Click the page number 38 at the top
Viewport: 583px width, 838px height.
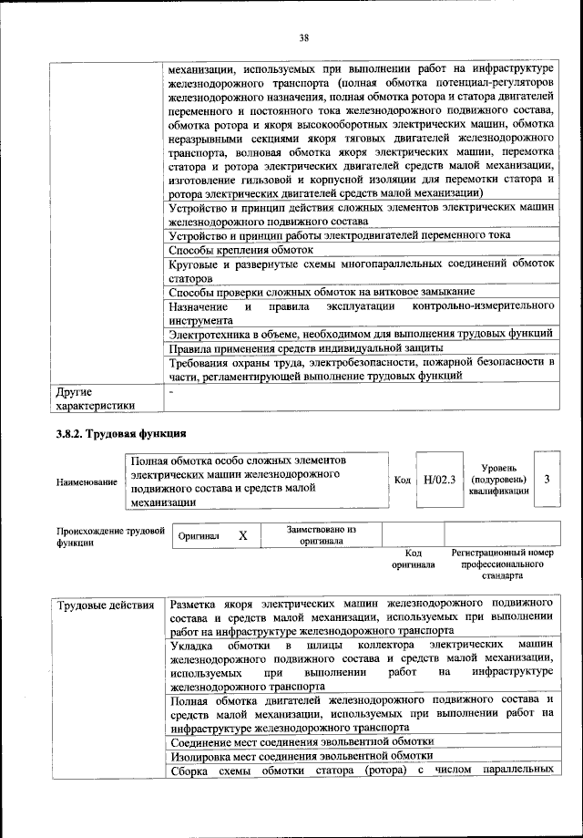click(x=304, y=37)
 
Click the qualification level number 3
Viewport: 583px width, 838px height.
click(x=545, y=479)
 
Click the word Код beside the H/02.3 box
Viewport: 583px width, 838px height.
click(x=402, y=480)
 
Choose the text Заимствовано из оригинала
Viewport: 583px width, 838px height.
click(x=322, y=534)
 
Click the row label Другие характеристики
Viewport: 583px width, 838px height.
click(x=95, y=398)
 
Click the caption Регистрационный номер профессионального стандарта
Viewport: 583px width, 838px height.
click(x=502, y=564)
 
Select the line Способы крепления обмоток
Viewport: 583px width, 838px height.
click(x=241, y=249)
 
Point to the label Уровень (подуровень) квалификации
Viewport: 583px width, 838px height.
click(x=497, y=480)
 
